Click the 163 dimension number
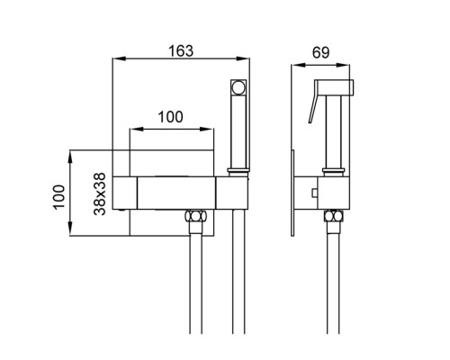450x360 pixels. pyautogui.click(x=181, y=51)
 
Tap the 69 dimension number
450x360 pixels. pyautogui.click(x=320, y=52)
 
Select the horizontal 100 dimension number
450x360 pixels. pyautogui.click(x=170, y=117)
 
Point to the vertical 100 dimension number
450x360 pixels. pyautogui.click(x=59, y=197)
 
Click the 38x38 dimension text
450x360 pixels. pyautogui.click(x=100, y=193)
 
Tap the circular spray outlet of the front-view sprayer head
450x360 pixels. pyautogui.click(x=238, y=87)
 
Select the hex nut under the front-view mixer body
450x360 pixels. pyautogui.click(x=196, y=216)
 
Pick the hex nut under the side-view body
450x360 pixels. pyautogui.click(x=333, y=216)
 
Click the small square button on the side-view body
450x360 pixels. pyautogui.click(x=315, y=193)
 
